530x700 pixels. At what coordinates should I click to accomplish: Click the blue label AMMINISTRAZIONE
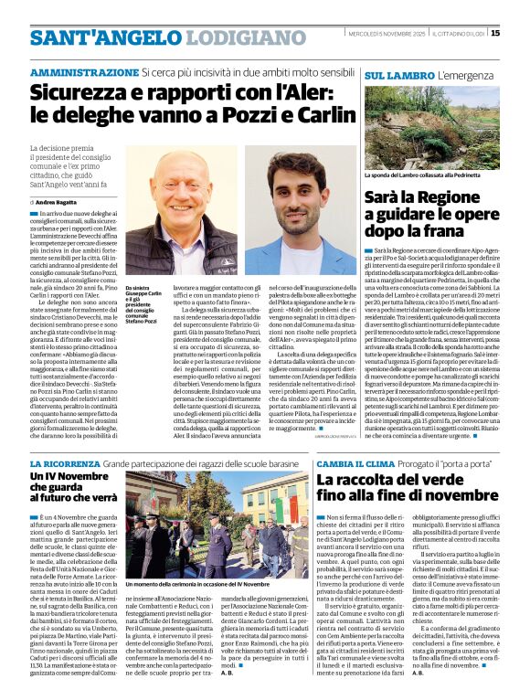[84, 72]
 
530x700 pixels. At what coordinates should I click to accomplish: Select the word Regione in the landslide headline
[466, 196]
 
